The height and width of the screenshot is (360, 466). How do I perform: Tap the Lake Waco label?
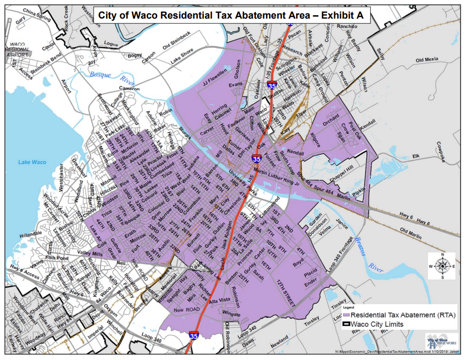pyautogui.click(x=32, y=162)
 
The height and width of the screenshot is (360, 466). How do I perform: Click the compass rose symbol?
pyautogui.click(x=442, y=266)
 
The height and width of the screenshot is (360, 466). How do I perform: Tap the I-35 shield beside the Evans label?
pyautogui.click(x=271, y=85)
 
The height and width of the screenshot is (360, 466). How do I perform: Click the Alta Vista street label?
pyautogui.click(x=220, y=300)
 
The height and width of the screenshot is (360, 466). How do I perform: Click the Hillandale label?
pyautogui.click(x=31, y=236)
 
